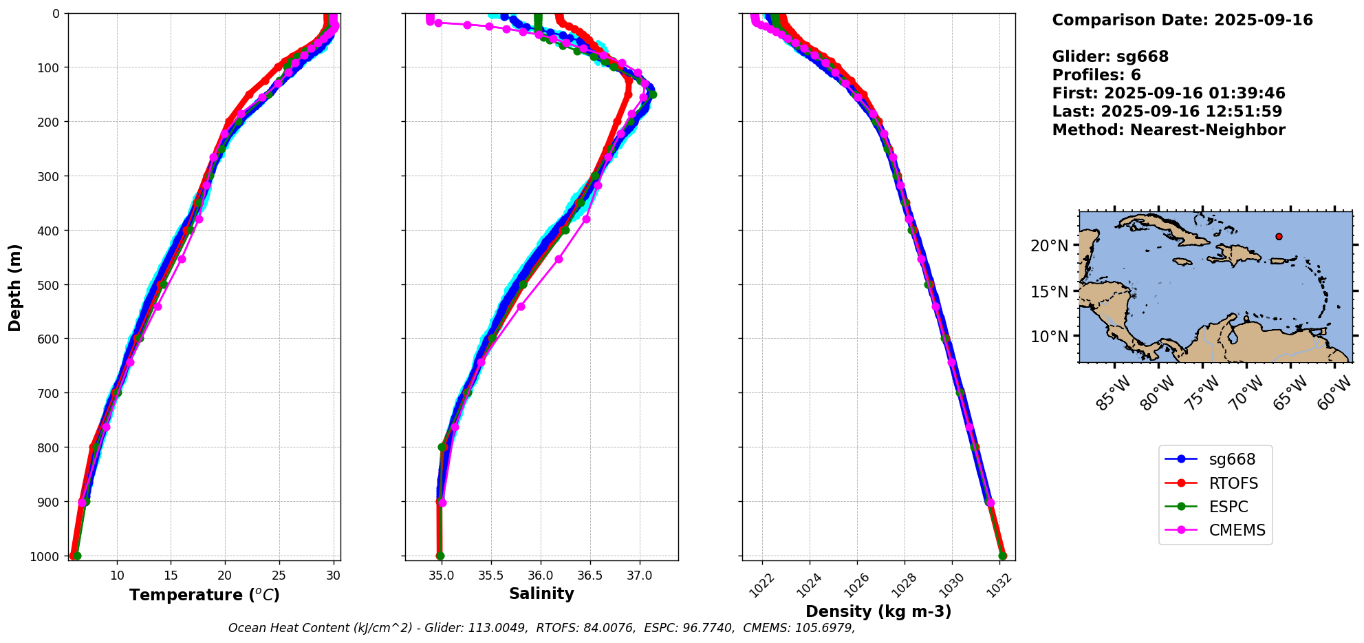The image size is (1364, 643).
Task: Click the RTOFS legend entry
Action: point(1233,483)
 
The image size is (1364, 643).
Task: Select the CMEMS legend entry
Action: point(1237,530)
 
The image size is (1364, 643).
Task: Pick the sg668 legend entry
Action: point(1232,459)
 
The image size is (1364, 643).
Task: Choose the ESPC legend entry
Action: point(1228,507)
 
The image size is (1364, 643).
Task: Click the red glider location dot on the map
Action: point(1279,236)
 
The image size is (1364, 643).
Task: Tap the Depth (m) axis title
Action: point(15,288)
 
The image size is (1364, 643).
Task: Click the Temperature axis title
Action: point(204,595)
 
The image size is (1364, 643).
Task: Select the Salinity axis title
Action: point(541,593)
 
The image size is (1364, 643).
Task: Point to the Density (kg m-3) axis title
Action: point(878,611)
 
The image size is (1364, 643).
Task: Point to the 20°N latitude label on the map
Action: point(1050,246)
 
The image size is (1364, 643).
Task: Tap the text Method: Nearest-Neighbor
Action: point(1168,130)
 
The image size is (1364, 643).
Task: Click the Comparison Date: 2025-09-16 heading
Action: point(1182,20)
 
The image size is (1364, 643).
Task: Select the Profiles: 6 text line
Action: point(1096,75)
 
